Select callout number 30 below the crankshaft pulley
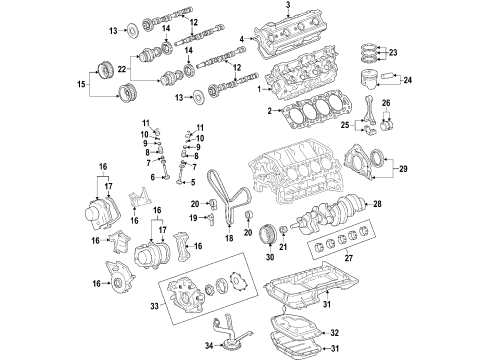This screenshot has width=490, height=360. point(268,257)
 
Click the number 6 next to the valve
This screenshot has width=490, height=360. point(152,177)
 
